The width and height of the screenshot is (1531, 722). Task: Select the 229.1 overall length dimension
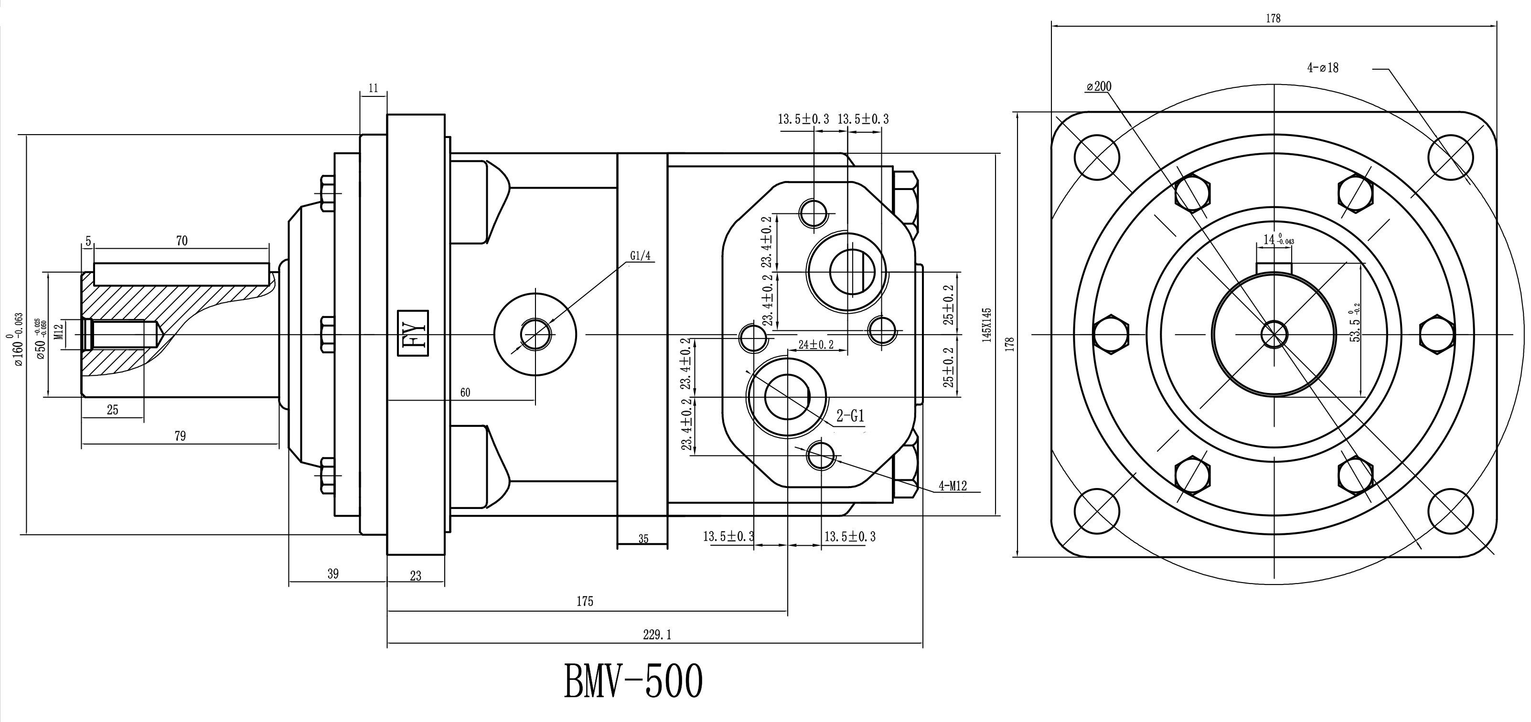pyautogui.click(x=657, y=635)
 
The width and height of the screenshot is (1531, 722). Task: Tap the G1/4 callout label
pyautogui.click(x=641, y=256)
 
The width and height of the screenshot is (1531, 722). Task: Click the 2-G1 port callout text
pyautogui.click(x=850, y=416)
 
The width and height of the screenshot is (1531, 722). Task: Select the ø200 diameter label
pyautogui.click(x=1098, y=87)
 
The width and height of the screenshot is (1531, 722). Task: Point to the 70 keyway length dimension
pyautogui.click(x=182, y=241)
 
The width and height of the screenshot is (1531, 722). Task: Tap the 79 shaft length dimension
pyautogui.click(x=180, y=436)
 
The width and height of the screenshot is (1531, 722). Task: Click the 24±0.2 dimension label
pyautogui.click(x=815, y=345)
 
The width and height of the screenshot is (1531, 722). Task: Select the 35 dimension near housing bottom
pyautogui.click(x=643, y=539)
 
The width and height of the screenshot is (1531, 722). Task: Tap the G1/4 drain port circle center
pyautogui.click(x=535, y=334)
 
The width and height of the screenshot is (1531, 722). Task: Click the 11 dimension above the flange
pyautogui.click(x=373, y=88)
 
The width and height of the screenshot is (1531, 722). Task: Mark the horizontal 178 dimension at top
pyautogui.click(x=1273, y=19)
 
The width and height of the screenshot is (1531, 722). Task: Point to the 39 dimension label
pyautogui.click(x=333, y=573)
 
